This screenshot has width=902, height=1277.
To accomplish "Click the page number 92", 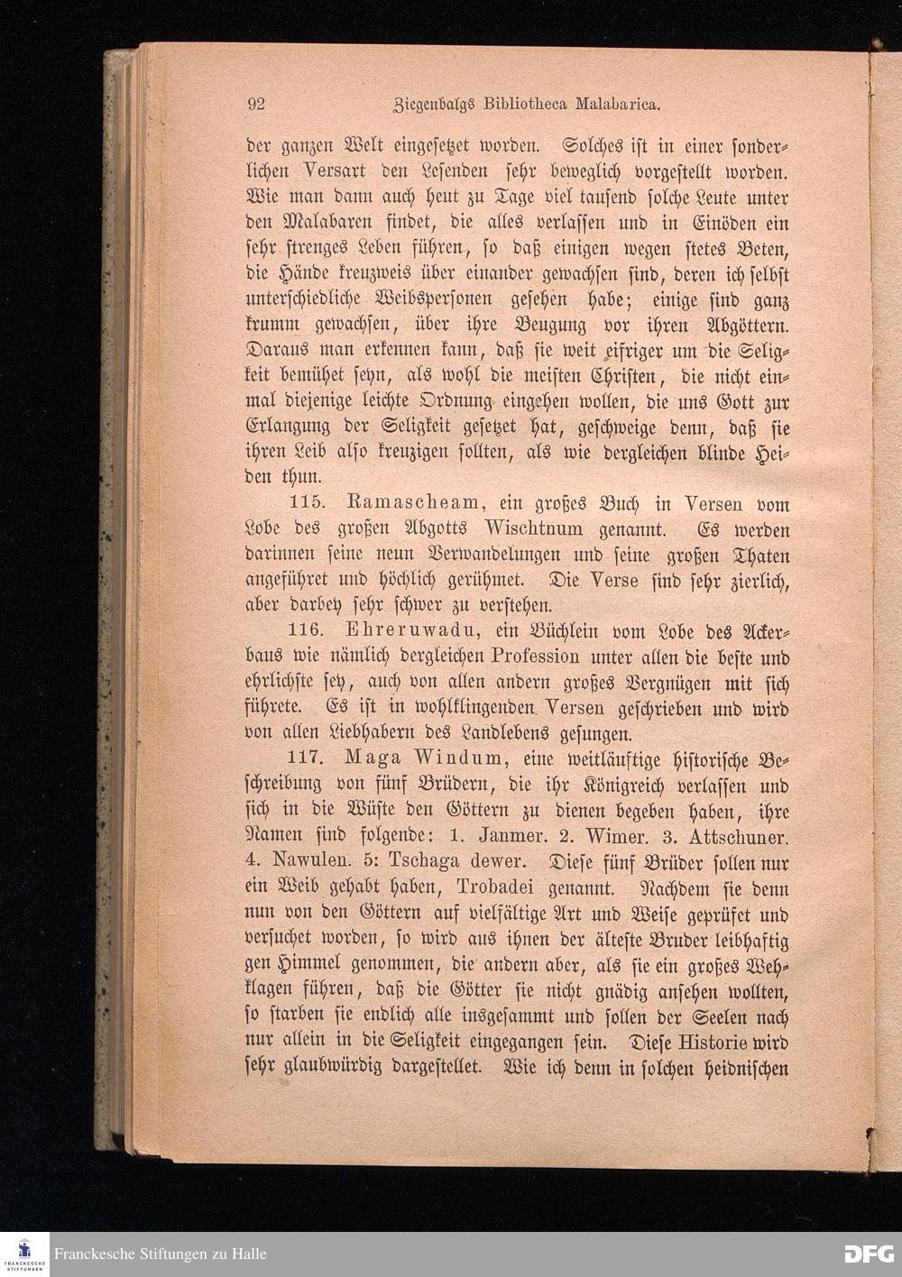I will pyautogui.click(x=256, y=104).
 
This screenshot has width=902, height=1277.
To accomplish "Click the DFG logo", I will pyautogui.click(x=868, y=1254).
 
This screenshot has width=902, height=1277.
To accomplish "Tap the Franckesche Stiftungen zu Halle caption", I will pyautogui.click(x=161, y=1254).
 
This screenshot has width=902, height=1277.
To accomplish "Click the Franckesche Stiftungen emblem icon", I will pyautogui.click(x=24, y=1254).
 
